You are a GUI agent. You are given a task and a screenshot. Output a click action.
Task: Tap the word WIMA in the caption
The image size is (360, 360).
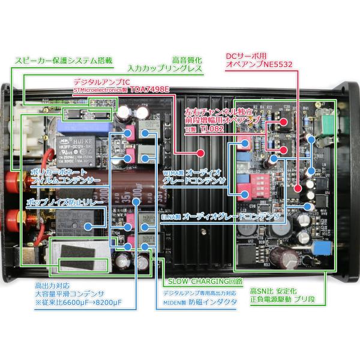coord(172,172)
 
